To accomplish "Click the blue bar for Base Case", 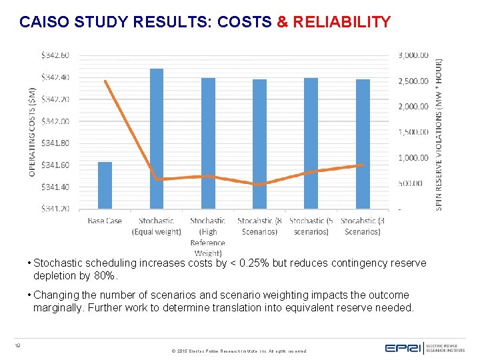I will [x=105, y=185].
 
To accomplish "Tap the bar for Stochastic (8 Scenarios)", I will [x=259, y=144].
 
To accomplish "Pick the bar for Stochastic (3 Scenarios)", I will [x=363, y=144].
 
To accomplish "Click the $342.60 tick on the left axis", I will [x=55, y=55].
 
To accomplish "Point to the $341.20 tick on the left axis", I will [x=55, y=209].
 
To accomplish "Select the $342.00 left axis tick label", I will [x=55, y=121].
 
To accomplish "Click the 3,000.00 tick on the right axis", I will [x=413, y=55].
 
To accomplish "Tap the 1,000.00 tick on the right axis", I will [x=413, y=158].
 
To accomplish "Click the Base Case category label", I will [x=105, y=221].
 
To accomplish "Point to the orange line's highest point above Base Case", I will [x=105, y=81].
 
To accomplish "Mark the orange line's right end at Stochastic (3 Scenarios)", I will [x=363, y=165].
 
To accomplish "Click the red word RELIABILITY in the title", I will [x=341, y=22].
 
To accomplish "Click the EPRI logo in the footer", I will [x=404, y=347].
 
